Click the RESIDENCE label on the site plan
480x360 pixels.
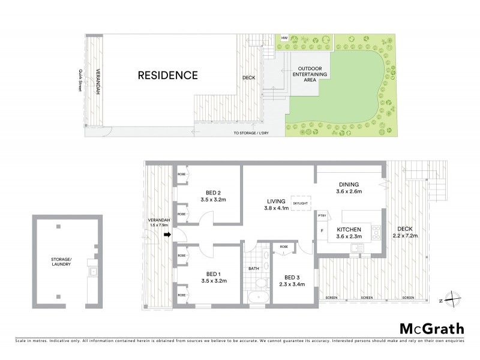coord(167,75)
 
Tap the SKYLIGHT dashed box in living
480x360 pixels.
coord(300,203)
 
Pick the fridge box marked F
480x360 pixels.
coord(322,230)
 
